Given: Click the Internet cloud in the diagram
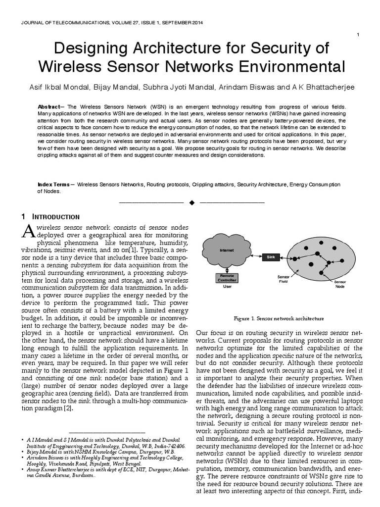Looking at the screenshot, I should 226,251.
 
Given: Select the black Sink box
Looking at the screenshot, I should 271,257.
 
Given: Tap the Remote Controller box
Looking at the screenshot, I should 227,278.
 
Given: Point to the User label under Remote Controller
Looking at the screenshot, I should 227,286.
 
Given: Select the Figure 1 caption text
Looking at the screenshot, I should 279,318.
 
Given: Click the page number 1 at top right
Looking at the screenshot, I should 358,34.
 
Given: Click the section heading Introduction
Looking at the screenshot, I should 56,217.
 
